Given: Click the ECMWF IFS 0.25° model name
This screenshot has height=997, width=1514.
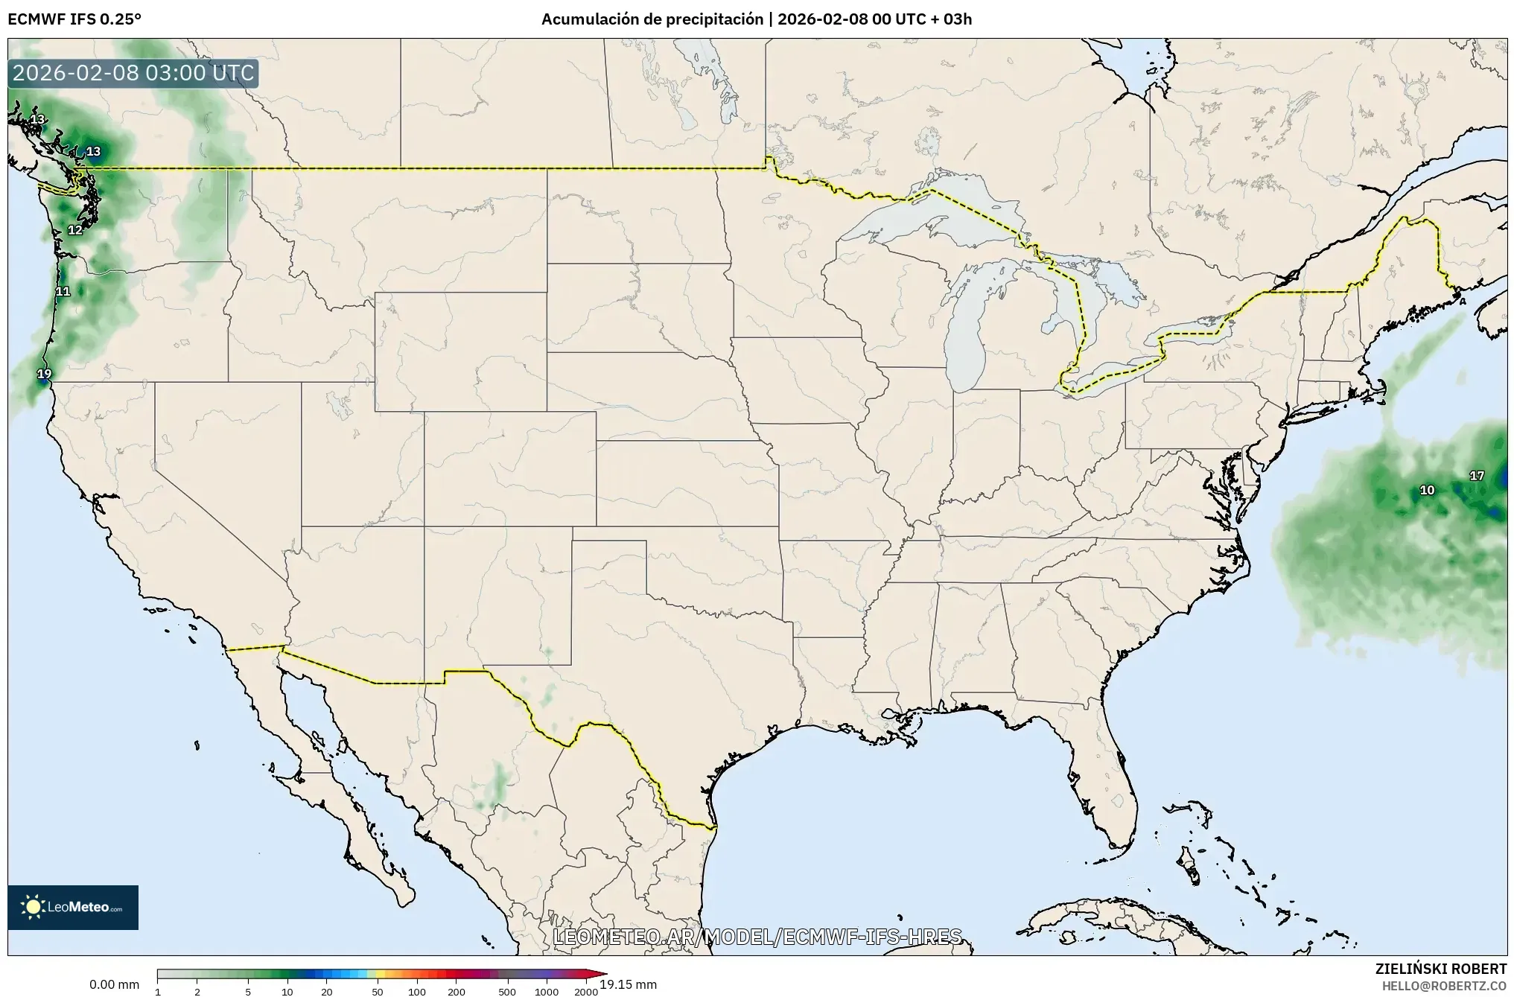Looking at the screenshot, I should pyautogui.click(x=74, y=19).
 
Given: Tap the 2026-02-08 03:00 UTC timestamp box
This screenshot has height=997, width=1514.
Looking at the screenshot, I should pyautogui.click(x=134, y=73).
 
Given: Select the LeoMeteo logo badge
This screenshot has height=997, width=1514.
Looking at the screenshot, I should pyautogui.click(x=73, y=907).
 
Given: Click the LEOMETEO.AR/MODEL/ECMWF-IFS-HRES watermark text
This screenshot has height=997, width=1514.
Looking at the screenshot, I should pyautogui.click(x=757, y=936).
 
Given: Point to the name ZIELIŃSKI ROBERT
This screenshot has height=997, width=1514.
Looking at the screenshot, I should pyautogui.click(x=1440, y=969).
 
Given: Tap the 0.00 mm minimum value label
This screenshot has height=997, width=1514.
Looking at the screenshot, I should pyautogui.click(x=114, y=984).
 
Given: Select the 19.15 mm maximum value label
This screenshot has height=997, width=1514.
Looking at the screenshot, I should pyautogui.click(x=628, y=984).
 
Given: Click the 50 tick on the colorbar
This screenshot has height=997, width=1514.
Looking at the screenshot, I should pyautogui.click(x=378, y=992).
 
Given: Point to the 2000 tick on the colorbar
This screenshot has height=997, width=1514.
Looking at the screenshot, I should pyautogui.click(x=586, y=992).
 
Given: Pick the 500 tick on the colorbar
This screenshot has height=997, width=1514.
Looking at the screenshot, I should pyautogui.click(x=507, y=992).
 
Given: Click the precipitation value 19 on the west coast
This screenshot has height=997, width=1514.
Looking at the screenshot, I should pyautogui.click(x=45, y=374).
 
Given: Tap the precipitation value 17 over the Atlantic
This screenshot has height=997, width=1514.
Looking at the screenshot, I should pyautogui.click(x=1476, y=476).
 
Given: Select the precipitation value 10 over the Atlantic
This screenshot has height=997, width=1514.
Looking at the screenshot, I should pyautogui.click(x=1427, y=490).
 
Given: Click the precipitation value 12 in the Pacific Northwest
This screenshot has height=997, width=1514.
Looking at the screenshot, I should pyautogui.click(x=75, y=230).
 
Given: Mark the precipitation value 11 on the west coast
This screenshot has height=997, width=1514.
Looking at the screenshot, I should pyautogui.click(x=63, y=291).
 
